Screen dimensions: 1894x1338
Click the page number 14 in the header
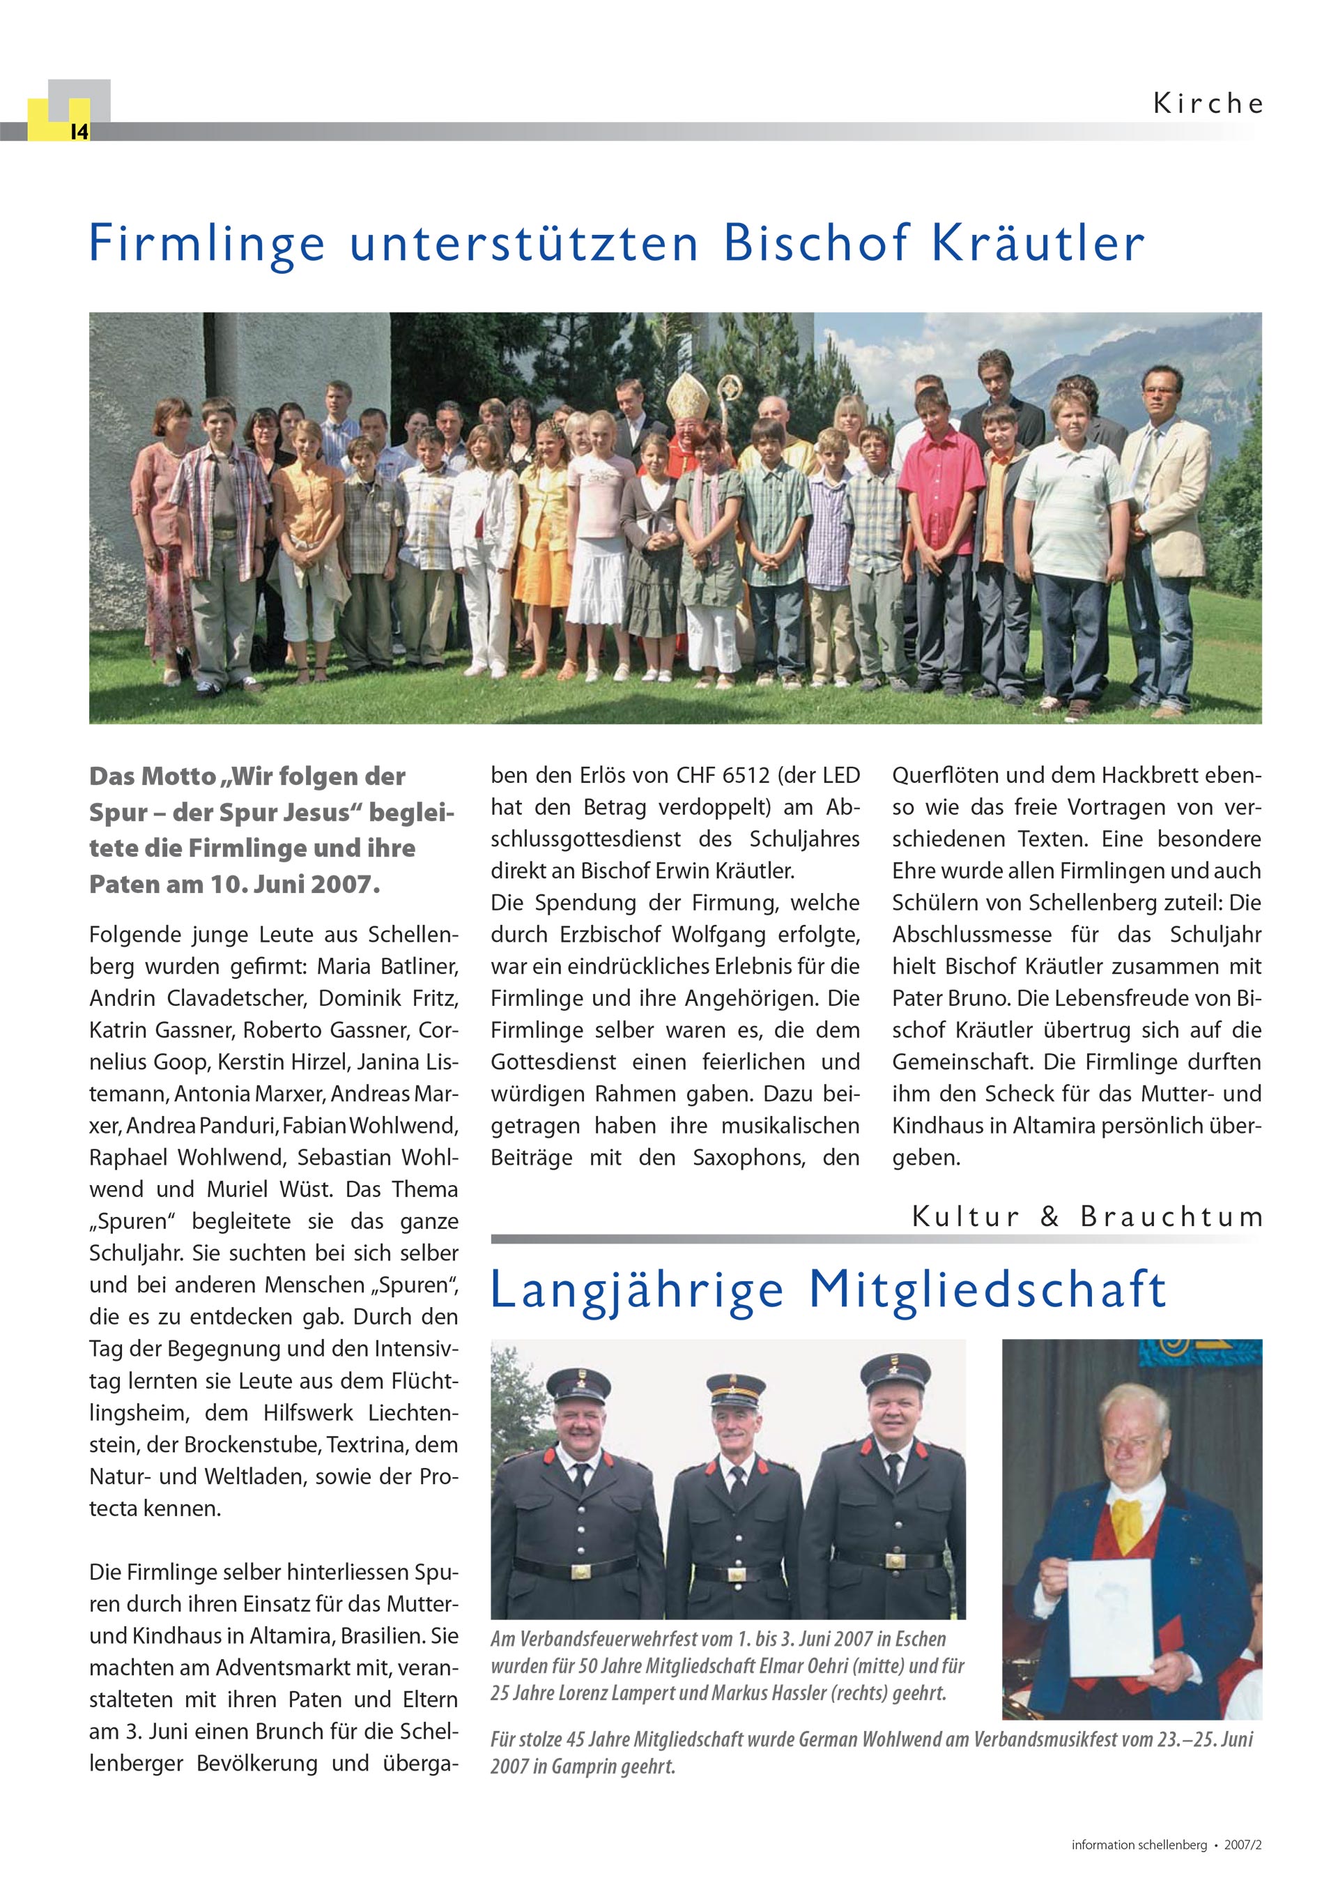pos(79,132)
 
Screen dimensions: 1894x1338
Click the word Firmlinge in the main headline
pos(207,244)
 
